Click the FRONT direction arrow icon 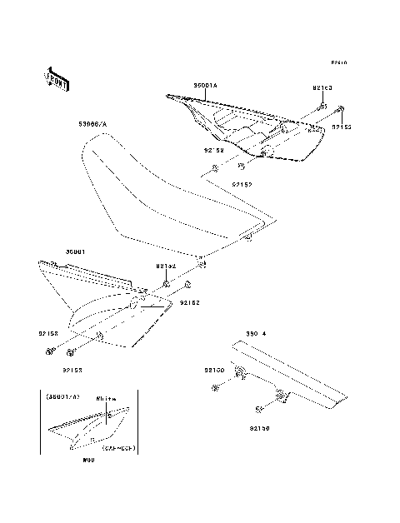coord(57,77)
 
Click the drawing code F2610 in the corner coord(338,63)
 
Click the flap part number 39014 coord(254,333)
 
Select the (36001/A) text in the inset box coord(62,397)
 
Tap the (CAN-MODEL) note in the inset coord(119,446)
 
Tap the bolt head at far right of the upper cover coord(340,109)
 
